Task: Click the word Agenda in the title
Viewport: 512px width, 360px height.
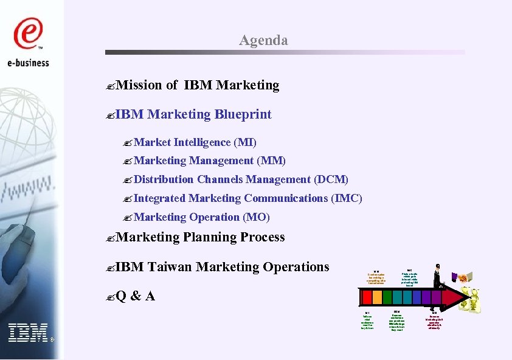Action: pyautogui.click(x=263, y=40)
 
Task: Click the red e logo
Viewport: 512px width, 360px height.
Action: pyautogui.click(x=29, y=34)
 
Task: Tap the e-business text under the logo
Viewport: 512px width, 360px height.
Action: pyautogui.click(x=29, y=62)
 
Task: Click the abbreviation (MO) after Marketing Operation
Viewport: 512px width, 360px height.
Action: pyautogui.click(x=256, y=217)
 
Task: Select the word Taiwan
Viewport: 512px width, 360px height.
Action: pyautogui.click(x=170, y=267)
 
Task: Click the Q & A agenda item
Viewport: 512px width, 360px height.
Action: pyautogui.click(x=134, y=296)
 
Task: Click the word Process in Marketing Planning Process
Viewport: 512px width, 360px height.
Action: pyautogui.click(x=263, y=237)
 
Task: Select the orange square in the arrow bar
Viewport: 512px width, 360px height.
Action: pyautogui.click(x=378, y=297)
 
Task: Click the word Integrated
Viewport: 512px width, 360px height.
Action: pyautogui.click(x=159, y=198)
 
